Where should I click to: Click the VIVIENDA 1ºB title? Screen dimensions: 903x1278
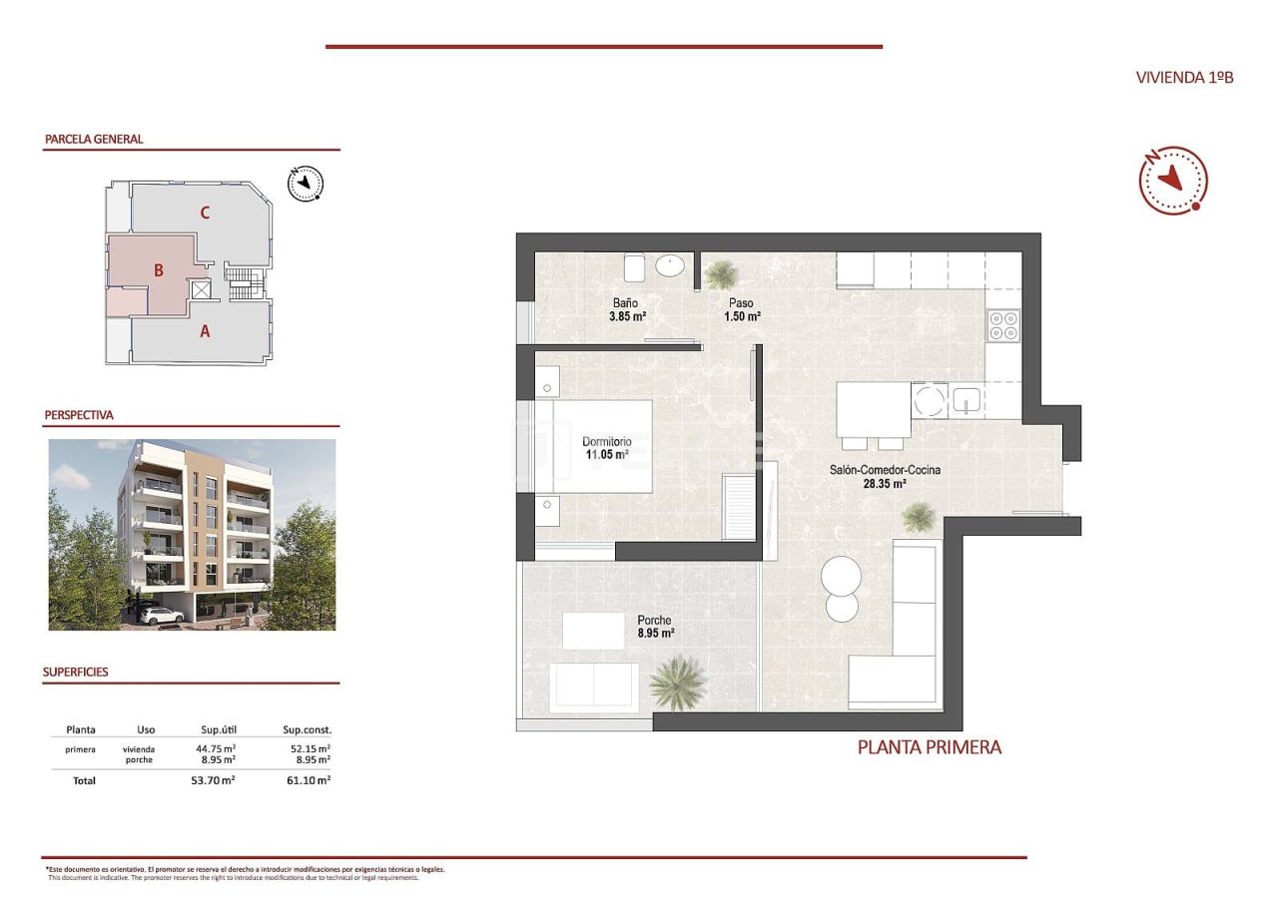1184,77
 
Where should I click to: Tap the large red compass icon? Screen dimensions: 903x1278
1173,180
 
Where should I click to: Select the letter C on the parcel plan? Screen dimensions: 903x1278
204,212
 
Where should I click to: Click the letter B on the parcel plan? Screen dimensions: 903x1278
158,269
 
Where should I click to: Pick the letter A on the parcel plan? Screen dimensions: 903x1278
205,332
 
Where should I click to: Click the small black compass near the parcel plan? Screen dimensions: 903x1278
306,183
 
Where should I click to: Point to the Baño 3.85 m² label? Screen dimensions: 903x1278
627,309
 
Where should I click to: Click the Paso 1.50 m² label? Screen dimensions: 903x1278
742,309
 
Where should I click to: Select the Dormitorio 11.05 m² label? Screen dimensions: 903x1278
607,447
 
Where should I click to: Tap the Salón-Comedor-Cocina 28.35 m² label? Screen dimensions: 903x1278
885,476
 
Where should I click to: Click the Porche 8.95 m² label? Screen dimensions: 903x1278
655,626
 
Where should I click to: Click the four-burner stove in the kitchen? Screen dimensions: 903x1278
1002,325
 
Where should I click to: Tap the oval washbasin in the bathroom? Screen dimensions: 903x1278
670,265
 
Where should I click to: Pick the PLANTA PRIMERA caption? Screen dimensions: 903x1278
929,746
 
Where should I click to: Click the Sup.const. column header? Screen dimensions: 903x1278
307,729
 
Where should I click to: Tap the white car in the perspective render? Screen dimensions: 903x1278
160,617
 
